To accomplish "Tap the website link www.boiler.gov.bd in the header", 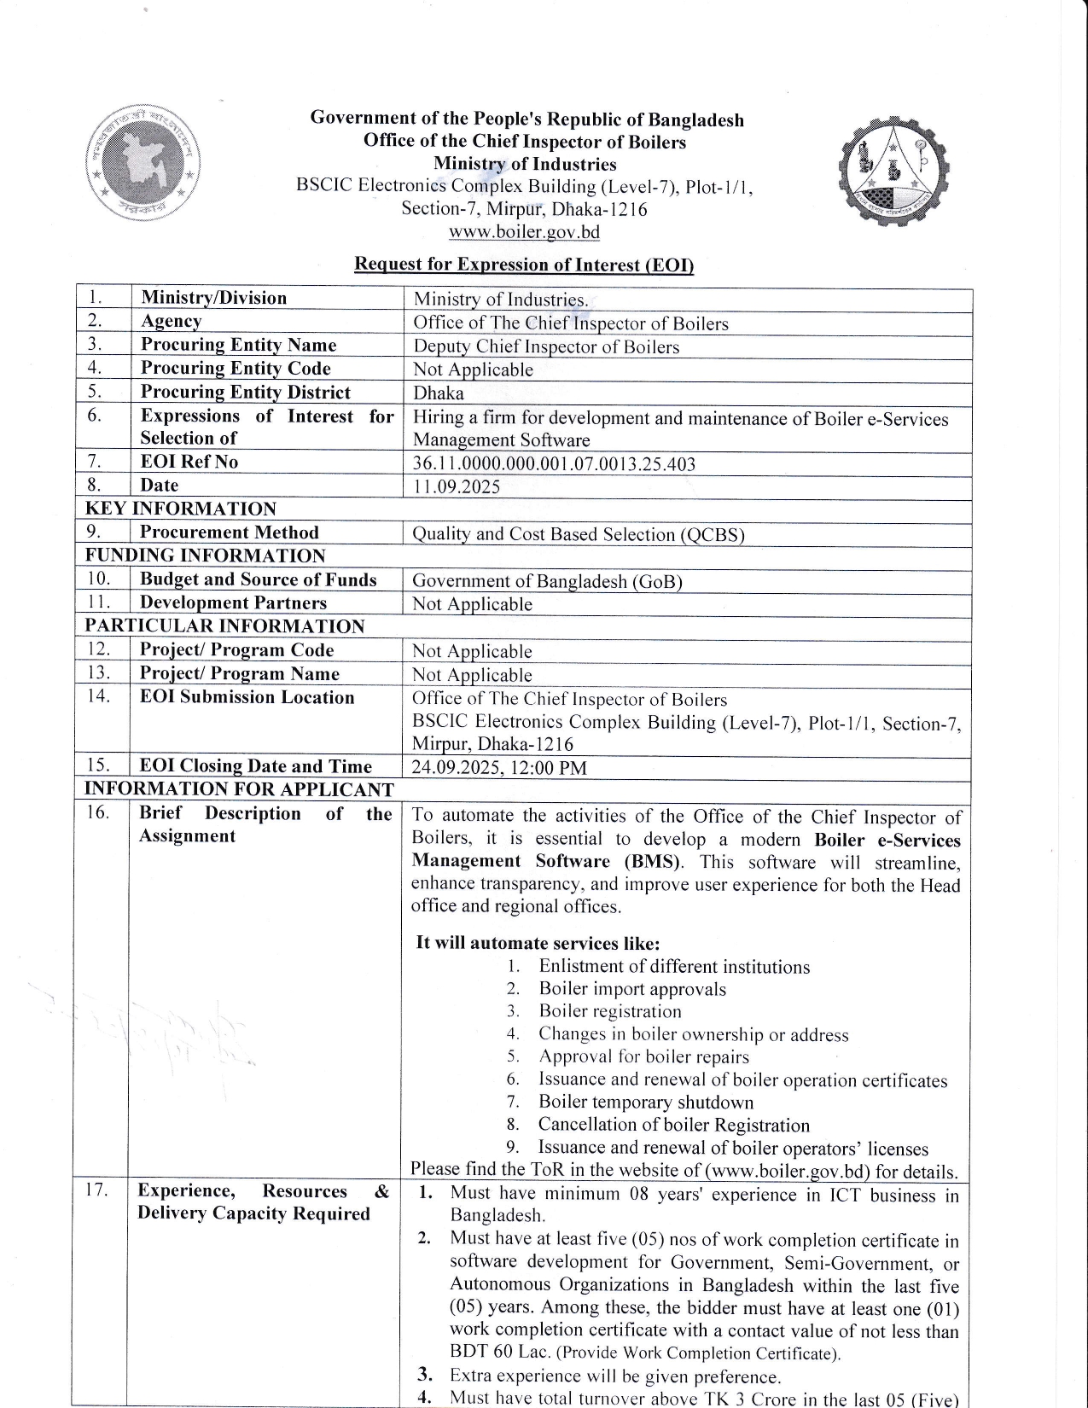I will pos(524,232).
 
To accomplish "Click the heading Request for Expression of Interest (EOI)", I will pos(524,265).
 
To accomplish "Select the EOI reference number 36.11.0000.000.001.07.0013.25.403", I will pos(554,464).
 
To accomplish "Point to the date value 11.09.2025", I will pos(457,487).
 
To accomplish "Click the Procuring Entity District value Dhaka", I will pos(439,393).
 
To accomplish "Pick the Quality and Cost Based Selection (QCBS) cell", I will pos(579,535).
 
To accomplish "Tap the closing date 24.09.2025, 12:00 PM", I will pos(499,767).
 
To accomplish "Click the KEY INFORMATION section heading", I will pos(181,509).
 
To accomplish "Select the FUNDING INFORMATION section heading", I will pos(205,556).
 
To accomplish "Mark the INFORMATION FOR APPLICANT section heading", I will pos(239,789).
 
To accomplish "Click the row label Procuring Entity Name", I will pos(238,345).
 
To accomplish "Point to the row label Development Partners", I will pos(233,603).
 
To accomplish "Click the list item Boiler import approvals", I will pos(631,990).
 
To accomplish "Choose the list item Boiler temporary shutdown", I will pos(645,1103).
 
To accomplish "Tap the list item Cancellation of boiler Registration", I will pos(673,1126).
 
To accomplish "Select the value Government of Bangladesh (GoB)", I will pos(547,582).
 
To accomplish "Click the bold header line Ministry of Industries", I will pos(524,164).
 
